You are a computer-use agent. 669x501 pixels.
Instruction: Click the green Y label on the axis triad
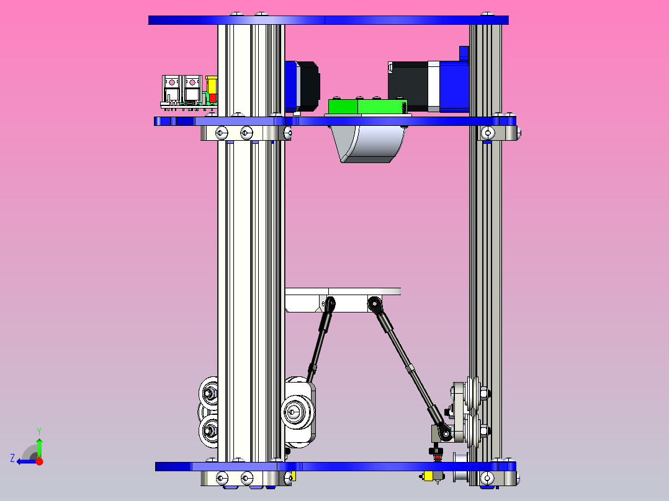tap(39, 430)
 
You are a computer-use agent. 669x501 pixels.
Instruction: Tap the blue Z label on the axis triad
tap(12, 458)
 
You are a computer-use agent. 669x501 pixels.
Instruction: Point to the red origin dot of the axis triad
tap(39, 461)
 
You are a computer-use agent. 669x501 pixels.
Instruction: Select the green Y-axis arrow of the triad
tap(39, 446)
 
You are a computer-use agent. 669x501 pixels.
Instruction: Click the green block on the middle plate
tap(366, 107)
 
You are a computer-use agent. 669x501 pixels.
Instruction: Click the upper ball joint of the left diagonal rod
tap(330, 304)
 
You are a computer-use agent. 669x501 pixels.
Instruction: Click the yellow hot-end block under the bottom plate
tap(428, 476)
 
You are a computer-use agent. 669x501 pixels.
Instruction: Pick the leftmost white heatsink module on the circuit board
tap(171, 89)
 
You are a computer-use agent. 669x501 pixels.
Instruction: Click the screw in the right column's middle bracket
tap(489, 133)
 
